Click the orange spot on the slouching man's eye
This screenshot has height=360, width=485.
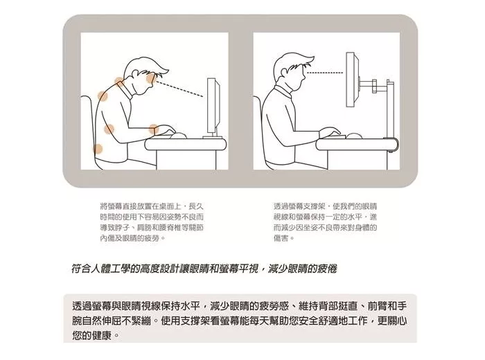[151, 78]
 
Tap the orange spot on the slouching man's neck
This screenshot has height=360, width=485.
[118, 82]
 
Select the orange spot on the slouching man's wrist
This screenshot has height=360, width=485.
[153, 129]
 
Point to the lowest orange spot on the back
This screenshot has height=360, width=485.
[98, 149]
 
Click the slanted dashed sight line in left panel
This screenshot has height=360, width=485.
[180, 89]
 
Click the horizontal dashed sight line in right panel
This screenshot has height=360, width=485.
[325, 73]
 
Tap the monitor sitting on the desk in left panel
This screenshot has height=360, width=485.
[211, 106]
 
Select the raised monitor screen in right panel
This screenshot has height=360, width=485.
[352, 80]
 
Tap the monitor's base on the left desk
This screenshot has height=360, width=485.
[213, 137]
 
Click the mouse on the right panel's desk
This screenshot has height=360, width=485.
[354, 136]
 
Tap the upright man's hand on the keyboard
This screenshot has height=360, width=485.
[330, 132]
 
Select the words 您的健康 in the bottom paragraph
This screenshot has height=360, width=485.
[92, 335]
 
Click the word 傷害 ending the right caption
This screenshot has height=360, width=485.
[281, 238]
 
